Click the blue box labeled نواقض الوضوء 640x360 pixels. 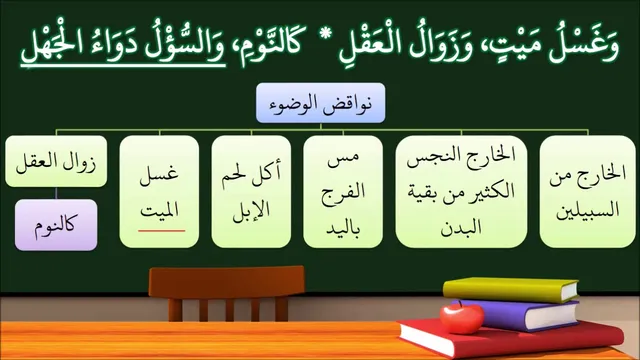point(320,103)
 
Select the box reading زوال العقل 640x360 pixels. point(56,162)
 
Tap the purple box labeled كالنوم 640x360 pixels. point(56,225)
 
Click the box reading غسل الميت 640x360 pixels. point(159,191)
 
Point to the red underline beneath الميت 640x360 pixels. point(162,231)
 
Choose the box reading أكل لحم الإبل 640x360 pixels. point(251,191)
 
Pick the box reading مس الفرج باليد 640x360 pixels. point(343,191)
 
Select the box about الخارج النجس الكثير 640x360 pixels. point(461,191)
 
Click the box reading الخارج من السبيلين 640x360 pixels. point(588,191)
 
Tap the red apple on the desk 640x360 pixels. point(462,318)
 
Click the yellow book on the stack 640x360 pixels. point(511,289)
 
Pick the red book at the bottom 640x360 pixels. point(510,338)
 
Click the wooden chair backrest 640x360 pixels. point(227,282)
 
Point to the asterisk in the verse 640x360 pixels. point(326,35)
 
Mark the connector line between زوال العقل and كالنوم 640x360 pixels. point(56,193)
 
